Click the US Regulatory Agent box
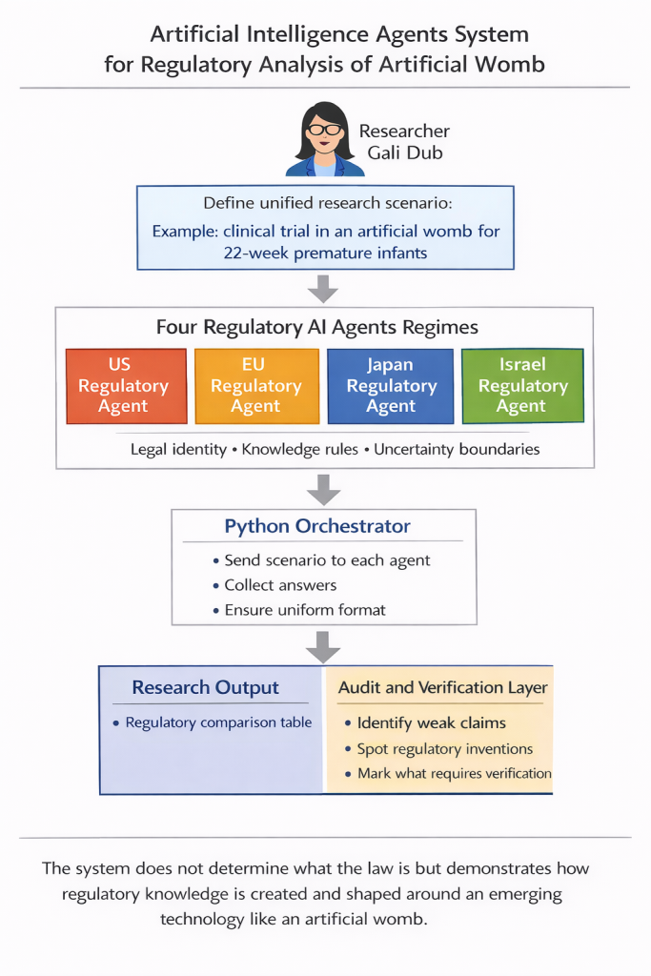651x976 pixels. click(127, 386)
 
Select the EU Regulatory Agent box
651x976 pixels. click(256, 386)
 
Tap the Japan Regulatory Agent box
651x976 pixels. click(390, 386)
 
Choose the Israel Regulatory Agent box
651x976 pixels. click(522, 386)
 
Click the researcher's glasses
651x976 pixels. click(324, 130)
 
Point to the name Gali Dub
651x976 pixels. click(405, 152)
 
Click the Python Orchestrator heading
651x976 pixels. click(317, 526)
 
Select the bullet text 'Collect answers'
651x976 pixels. click(280, 585)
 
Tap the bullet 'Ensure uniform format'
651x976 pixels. click(305, 610)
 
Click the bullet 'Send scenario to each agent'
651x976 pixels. click(327, 560)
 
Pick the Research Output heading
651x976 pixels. click(205, 687)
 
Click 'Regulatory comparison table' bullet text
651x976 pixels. click(218, 722)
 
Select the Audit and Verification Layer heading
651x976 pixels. click(442, 687)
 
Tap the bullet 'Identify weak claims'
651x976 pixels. click(432, 722)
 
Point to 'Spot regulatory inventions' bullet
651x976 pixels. click(445, 749)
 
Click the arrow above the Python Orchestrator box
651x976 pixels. click(323, 489)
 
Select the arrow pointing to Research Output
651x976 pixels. click(323, 647)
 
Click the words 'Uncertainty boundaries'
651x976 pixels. click(457, 450)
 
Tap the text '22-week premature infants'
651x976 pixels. click(326, 254)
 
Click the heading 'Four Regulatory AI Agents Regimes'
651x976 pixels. click(316, 328)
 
